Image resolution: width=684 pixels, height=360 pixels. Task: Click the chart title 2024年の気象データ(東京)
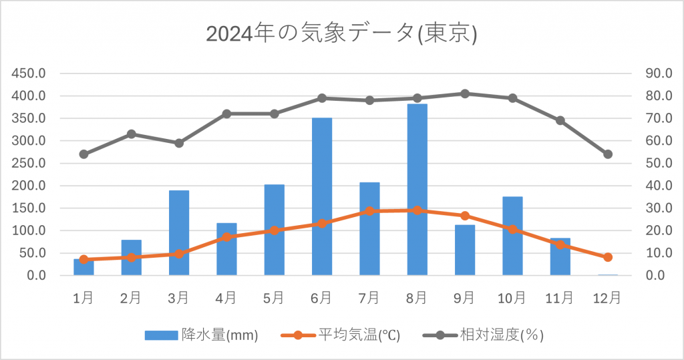(x=341, y=33)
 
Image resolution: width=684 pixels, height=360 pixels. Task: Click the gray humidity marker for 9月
(x=465, y=94)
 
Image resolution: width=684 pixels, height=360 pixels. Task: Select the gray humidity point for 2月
(x=132, y=134)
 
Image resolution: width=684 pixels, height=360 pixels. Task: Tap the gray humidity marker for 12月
(x=608, y=154)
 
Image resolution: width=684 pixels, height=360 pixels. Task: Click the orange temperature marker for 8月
(x=417, y=210)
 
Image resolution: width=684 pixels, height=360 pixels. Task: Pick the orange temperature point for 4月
(x=226, y=237)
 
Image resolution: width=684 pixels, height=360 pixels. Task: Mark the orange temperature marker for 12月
(x=608, y=257)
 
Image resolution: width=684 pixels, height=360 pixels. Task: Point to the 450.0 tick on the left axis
(x=30, y=73)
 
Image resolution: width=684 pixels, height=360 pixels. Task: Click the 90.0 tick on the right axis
(x=657, y=73)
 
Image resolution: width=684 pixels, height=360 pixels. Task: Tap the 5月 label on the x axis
(x=274, y=298)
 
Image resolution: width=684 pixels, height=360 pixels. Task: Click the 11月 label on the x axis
(x=560, y=298)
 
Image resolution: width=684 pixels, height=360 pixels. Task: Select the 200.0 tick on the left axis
(x=30, y=186)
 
